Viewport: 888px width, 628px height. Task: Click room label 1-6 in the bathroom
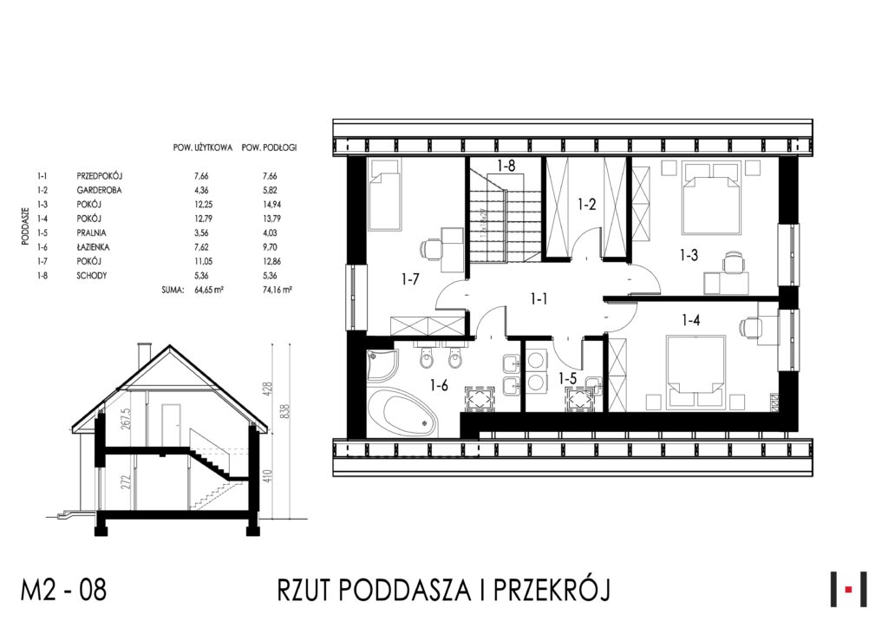click(439, 386)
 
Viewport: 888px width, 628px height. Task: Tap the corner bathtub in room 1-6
click(402, 412)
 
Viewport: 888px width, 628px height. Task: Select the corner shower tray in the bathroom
click(382, 365)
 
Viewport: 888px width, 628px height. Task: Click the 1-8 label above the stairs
click(506, 166)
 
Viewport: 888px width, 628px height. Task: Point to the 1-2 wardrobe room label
click(587, 204)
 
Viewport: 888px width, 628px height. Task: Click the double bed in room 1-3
click(712, 198)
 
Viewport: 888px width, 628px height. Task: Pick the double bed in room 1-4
click(695, 371)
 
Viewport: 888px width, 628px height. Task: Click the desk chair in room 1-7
click(431, 247)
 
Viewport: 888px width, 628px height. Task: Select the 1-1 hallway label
click(539, 298)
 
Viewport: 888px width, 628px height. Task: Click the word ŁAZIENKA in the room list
click(93, 247)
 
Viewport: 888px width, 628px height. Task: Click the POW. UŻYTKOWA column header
click(203, 147)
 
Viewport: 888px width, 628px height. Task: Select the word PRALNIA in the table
click(91, 232)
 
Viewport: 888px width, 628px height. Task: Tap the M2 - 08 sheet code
click(63, 590)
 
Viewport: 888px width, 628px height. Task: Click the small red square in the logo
click(848, 590)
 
